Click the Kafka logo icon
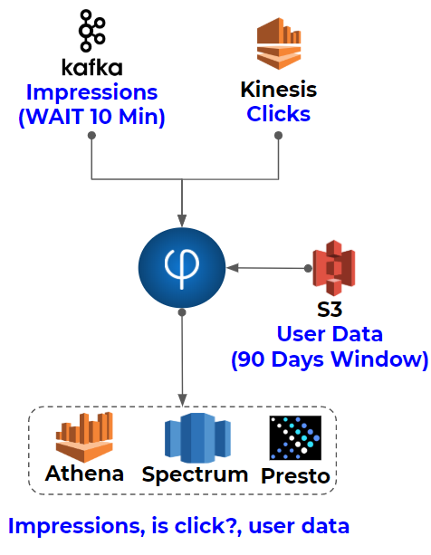(x=92, y=31)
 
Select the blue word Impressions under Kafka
(x=92, y=92)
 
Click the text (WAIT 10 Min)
(x=92, y=117)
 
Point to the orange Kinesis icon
(x=279, y=43)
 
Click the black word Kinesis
(x=279, y=90)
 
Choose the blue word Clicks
(x=279, y=114)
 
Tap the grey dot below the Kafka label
(x=91, y=135)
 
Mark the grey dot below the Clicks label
(x=279, y=135)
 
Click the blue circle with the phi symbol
(x=182, y=268)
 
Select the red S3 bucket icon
(x=334, y=268)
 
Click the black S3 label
(x=330, y=309)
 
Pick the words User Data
(x=330, y=334)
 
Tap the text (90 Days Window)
(x=330, y=359)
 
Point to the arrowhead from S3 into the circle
(x=232, y=268)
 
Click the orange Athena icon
(x=84, y=437)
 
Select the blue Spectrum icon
(x=197, y=438)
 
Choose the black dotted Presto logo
(x=295, y=438)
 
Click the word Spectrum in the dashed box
(x=195, y=474)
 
